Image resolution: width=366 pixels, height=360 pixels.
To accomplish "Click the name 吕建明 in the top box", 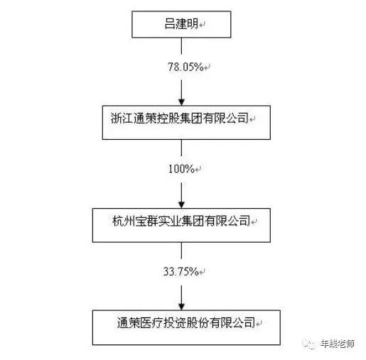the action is [x=181, y=24].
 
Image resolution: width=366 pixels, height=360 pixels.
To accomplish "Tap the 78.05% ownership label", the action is [x=185, y=67].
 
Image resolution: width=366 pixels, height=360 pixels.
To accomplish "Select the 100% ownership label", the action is [x=181, y=169].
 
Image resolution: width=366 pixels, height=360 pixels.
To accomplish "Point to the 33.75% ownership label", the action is [x=181, y=271].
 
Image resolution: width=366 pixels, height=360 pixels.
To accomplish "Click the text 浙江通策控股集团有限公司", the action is [x=180, y=118].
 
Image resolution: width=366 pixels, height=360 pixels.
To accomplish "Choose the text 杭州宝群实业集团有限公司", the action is [x=181, y=221].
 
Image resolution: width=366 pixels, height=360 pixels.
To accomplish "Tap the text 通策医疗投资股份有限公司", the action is [x=186, y=322].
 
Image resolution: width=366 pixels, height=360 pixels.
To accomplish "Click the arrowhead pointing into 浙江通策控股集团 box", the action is [x=181, y=102].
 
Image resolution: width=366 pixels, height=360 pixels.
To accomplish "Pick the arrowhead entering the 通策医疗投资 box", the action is [x=181, y=307].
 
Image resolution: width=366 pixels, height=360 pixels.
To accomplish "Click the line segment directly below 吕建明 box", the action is [x=181, y=46].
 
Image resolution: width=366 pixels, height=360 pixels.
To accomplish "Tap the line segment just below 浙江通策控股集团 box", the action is [x=181, y=148].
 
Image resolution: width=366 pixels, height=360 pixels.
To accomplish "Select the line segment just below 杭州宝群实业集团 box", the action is [x=181, y=250].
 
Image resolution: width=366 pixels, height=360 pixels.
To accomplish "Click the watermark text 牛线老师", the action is [x=338, y=344].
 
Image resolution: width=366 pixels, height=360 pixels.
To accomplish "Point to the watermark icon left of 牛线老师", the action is [x=309, y=344].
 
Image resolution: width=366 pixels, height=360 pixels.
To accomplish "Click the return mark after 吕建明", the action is [x=202, y=25].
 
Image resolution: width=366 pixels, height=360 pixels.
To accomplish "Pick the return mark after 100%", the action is [x=198, y=169].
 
